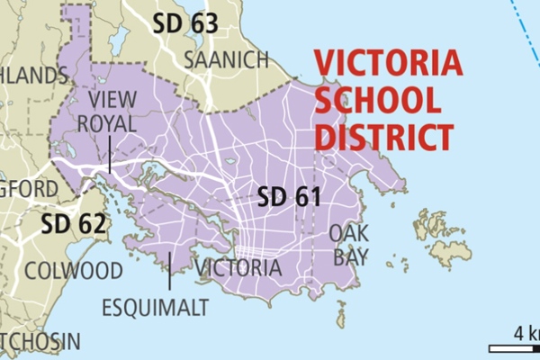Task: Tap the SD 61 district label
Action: point(289,197)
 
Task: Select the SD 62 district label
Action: point(75,223)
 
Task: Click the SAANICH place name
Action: point(226,60)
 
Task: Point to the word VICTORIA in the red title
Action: point(387,65)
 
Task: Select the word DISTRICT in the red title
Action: point(382,137)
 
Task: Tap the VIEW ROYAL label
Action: point(112,110)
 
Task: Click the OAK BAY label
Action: point(348,245)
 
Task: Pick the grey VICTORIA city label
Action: point(238,268)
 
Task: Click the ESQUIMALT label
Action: point(155,308)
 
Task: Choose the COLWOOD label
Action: point(74,271)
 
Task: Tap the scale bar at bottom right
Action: point(513,348)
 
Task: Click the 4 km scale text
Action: point(525,333)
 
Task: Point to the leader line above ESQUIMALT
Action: point(169,270)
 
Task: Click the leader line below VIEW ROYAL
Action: point(110,154)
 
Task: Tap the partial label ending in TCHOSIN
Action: point(40,342)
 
